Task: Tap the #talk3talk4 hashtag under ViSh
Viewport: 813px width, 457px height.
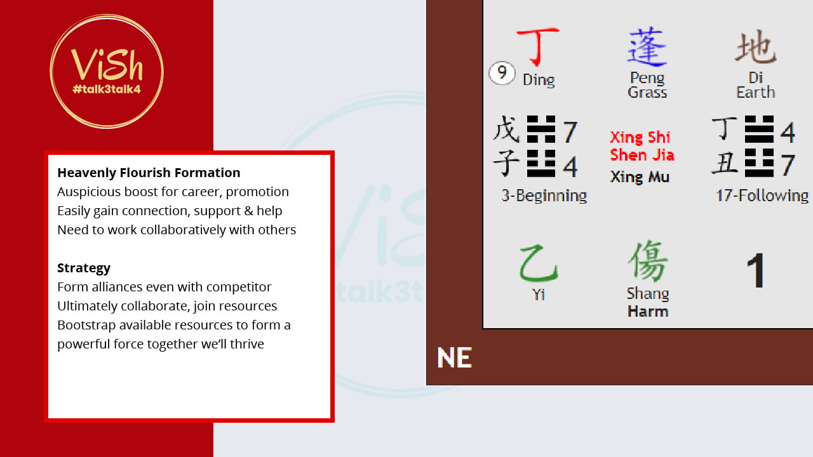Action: [107, 89]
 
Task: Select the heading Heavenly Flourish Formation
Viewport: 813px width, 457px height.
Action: [149, 173]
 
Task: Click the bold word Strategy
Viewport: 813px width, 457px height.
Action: [84, 268]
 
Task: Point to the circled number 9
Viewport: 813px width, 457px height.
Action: [502, 73]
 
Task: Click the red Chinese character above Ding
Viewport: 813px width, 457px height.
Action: [538, 46]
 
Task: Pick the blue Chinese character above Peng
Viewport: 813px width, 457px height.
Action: [647, 46]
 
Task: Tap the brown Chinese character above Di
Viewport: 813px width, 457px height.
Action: [756, 47]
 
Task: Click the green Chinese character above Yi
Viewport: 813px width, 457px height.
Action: [539, 263]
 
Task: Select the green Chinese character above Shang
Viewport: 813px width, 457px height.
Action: [648, 261]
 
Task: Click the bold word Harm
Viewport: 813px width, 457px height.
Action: [648, 312]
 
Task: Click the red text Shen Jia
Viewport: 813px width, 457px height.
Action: [642, 155]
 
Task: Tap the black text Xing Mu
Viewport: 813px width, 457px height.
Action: [640, 177]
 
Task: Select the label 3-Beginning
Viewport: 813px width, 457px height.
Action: [544, 195]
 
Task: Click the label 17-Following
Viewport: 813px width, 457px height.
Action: [762, 195]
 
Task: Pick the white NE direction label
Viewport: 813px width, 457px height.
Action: [454, 357]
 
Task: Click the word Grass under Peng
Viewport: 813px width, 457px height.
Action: [647, 92]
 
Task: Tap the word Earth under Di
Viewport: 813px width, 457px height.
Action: [756, 92]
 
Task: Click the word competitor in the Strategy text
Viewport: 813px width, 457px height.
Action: [239, 288]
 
